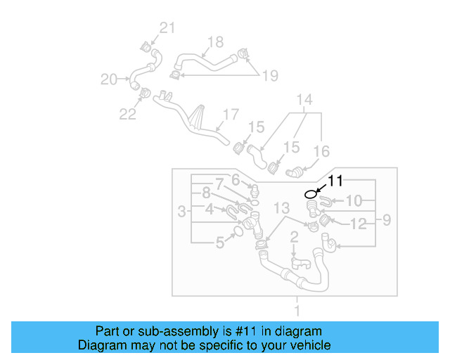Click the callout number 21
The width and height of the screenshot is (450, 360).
click(166, 28)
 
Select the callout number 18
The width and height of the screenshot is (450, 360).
click(215, 42)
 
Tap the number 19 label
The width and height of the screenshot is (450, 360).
click(270, 75)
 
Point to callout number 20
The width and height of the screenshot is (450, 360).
click(109, 79)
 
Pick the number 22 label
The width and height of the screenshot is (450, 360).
click(127, 114)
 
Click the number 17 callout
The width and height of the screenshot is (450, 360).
click(231, 114)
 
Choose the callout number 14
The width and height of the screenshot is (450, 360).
click(304, 100)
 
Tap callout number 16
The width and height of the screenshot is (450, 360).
click(321, 150)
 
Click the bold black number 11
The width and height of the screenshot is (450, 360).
click(335, 181)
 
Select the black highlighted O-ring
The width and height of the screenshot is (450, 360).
click(311, 194)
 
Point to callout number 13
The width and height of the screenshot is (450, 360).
click(281, 207)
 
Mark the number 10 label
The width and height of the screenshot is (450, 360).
click(354, 201)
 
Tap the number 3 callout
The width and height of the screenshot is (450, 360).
click(182, 211)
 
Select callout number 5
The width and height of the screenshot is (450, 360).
click(220, 243)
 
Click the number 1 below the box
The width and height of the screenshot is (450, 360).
click(296, 310)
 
